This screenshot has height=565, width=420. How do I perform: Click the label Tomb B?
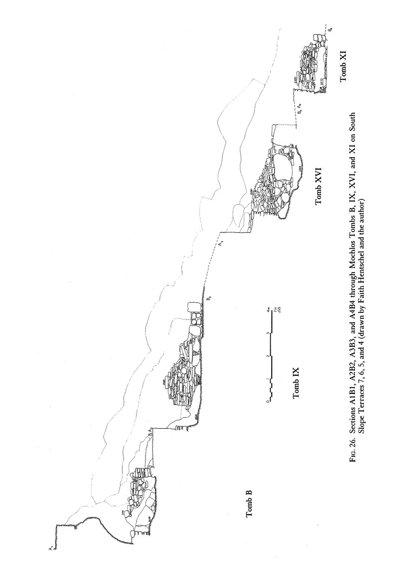[x=249, y=503]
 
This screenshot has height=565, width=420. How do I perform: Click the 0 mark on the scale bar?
[x=268, y=401]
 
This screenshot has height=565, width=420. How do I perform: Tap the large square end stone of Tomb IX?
[x=194, y=308]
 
